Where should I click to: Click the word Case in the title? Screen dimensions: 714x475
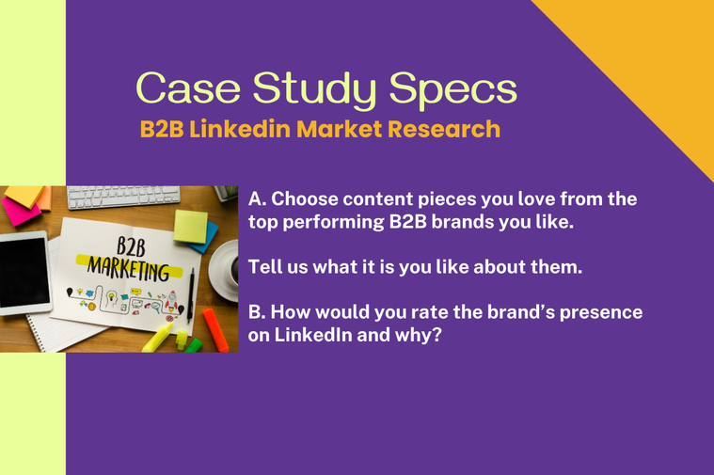[188, 87]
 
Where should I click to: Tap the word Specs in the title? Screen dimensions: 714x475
[453, 90]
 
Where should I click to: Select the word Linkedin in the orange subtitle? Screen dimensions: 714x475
[240, 129]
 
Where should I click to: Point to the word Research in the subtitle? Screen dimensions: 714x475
[444, 129]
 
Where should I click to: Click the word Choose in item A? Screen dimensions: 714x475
[304, 199]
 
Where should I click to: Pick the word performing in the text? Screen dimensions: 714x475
[334, 223]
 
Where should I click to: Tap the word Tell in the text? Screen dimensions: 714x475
[264, 267]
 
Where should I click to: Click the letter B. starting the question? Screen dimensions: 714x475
[257, 312]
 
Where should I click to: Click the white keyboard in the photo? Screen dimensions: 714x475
[123, 196]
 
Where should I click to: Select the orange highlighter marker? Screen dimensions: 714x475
[215, 330]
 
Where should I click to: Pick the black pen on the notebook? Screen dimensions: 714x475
[190, 295]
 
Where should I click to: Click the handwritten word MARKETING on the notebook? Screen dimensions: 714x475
[129, 268]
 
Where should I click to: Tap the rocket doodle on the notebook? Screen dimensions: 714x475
[171, 301]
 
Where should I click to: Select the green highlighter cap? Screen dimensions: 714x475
[193, 345]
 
